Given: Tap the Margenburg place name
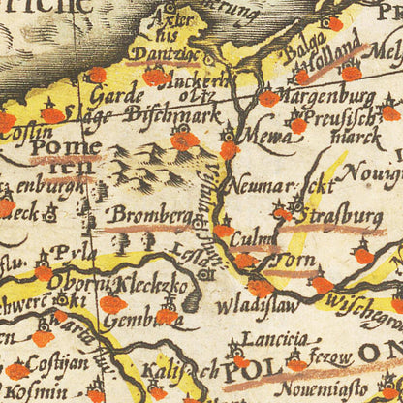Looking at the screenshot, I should (327, 97).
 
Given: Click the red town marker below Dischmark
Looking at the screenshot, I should (185, 141).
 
